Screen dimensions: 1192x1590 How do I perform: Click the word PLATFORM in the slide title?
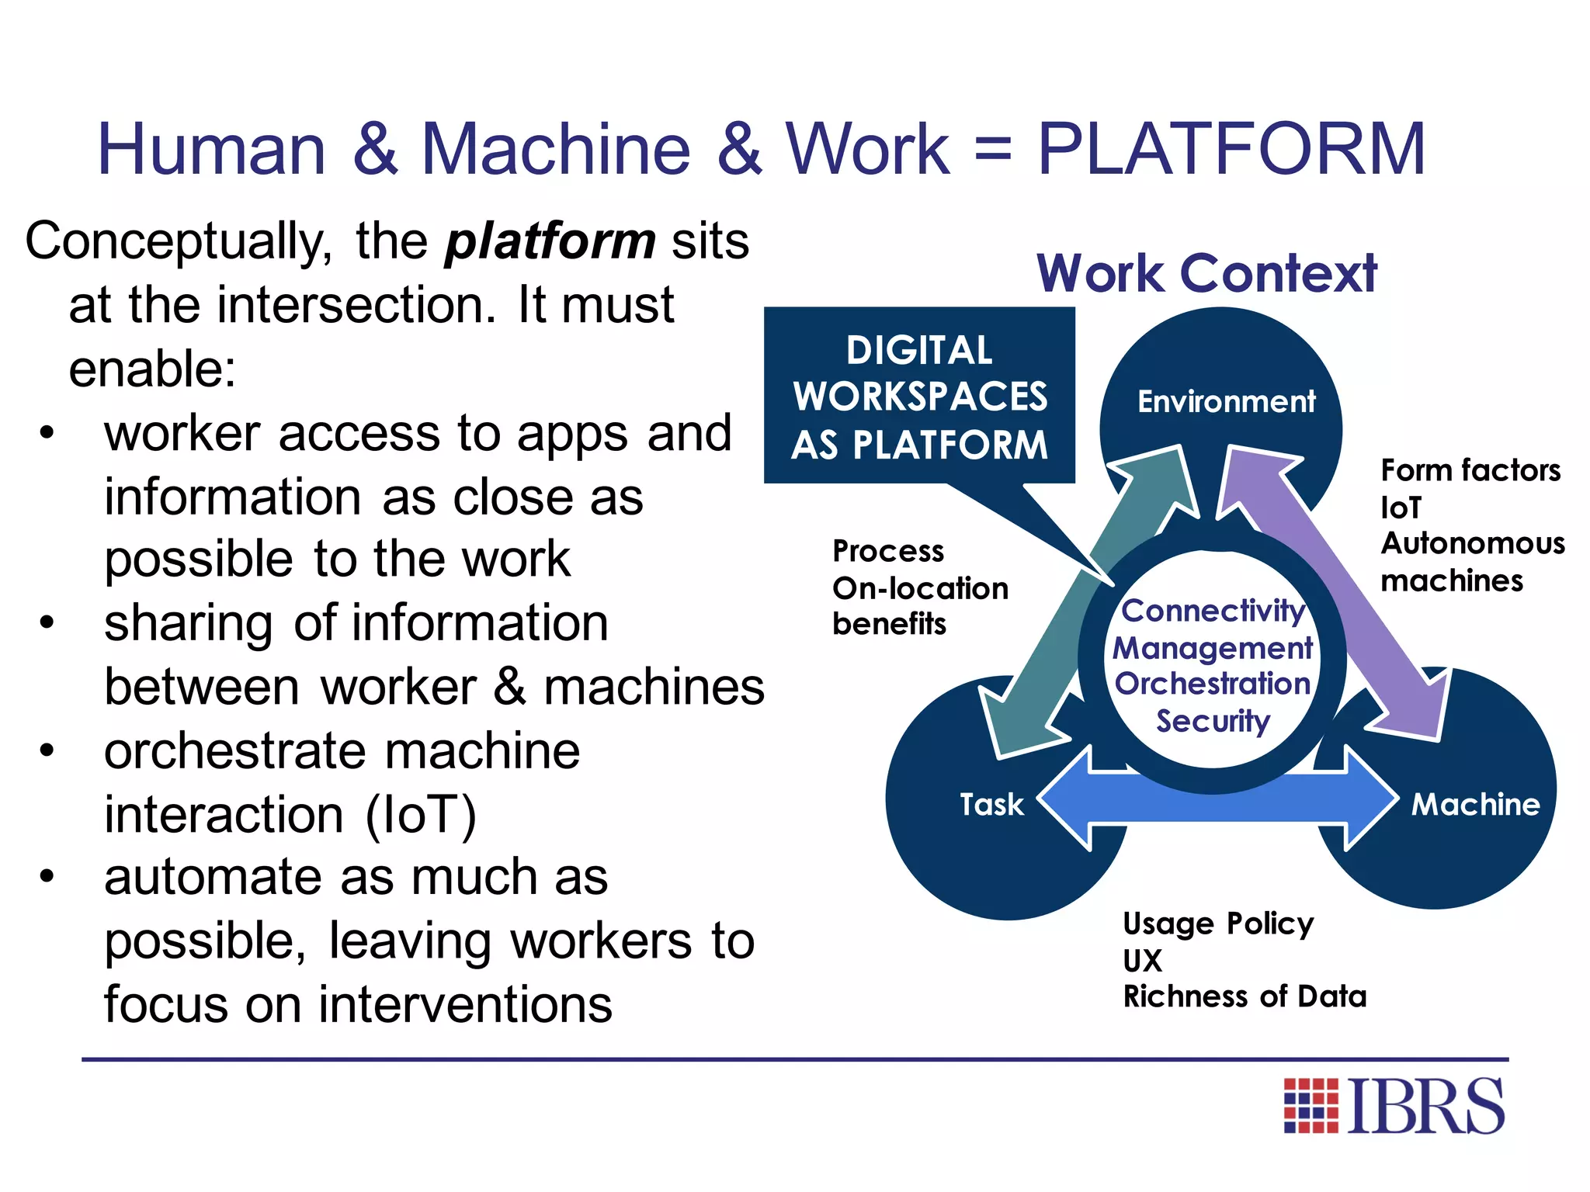(1231, 149)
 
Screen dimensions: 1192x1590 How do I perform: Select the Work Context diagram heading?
(1206, 273)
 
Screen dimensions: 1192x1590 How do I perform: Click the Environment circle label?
(1226, 402)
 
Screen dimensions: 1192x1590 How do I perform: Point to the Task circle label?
(991, 804)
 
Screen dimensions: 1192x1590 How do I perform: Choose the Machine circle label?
(1475, 804)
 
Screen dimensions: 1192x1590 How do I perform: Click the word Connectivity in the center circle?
(1213, 611)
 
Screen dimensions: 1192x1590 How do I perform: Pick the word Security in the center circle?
(1213, 721)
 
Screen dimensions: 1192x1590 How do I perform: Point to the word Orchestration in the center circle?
(1213, 684)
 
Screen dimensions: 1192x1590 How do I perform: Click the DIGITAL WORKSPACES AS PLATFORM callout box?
(919, 397)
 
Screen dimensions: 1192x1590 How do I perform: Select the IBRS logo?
(1394, 1106)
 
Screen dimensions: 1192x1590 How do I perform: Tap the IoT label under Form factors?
(1401, 508)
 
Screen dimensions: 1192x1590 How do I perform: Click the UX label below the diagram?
(1142, 961)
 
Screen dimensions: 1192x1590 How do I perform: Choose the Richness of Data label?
(1245, 996)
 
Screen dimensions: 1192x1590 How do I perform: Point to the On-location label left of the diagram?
(920, 588)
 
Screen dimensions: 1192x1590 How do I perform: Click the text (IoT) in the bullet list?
(421, 815)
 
